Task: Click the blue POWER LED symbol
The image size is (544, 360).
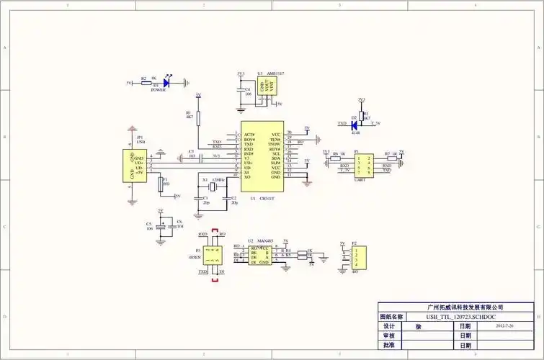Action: click(166, 83)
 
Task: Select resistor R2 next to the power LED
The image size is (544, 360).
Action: click(147, 83)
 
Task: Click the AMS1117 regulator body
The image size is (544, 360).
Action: click(269, 89)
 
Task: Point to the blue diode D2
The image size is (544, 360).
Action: click(355, 124)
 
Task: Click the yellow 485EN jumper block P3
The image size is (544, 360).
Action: click(212, 253)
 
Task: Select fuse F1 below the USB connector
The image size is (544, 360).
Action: click(161, 185)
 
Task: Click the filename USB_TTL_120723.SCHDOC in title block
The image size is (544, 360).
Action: click(460, 317)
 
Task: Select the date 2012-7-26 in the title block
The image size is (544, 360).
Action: click(504, 326)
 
